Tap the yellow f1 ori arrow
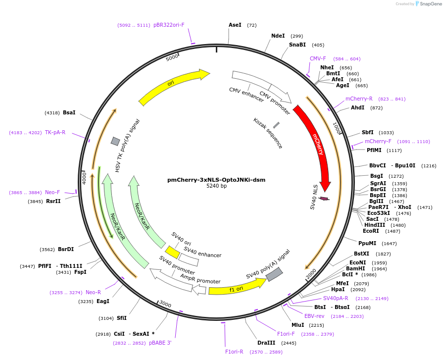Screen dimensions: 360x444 (237, 288)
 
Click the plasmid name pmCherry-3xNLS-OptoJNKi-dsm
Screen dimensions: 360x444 (216, 180)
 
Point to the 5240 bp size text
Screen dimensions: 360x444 (216, 186)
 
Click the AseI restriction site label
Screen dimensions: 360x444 (235, 25)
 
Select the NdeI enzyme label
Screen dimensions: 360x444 (278, 36)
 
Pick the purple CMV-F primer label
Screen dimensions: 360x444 (318, 58)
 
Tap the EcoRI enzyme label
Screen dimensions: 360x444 (371, 231)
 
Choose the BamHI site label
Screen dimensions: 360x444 (355, 268)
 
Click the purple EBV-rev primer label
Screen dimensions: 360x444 (314, 316)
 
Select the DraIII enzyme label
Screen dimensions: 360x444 (266, 343)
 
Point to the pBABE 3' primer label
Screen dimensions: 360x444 (160, 343)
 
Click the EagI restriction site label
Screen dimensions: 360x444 (103, 301)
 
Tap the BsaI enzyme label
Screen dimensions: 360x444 (69, 112)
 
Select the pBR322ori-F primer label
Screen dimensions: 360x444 (169, 25)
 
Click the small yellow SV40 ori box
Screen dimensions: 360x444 (172, 252)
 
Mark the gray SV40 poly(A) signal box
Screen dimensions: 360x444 (274, 274)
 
